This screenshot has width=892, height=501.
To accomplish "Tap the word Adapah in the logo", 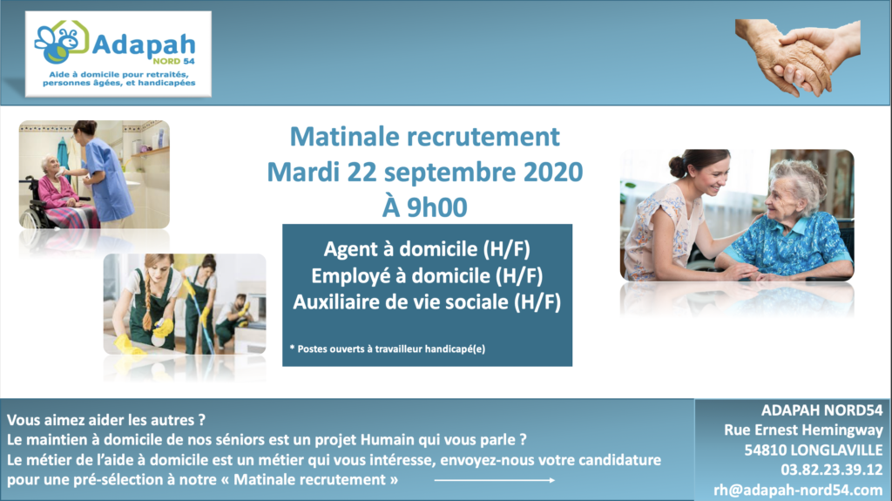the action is pyautogui.click(x=144, y=44).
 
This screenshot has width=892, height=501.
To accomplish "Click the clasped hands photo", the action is pyautogui.click(x=798, y=57).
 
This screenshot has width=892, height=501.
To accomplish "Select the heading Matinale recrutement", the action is pyautogui.click(x=425, y=137).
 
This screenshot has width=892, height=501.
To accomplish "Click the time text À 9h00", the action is pyautogui.click(x=424, y=206).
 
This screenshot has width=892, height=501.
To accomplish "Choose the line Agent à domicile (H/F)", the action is pyautogui.click(x=427, y=249).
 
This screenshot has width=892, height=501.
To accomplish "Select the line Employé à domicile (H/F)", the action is pyautogui.click(x=427, y=276).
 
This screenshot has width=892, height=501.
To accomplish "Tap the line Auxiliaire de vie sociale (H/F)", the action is pyautogui.click(x=427, y=301).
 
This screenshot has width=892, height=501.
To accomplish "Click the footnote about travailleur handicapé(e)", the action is pyautogui.click(x=388, y=349).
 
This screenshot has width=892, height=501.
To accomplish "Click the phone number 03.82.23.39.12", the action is pyautogui.click(x=831, y=470).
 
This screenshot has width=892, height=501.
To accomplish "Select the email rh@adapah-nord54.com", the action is pyautogui.click(x=798, y=490).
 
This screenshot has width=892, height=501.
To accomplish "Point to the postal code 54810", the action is pyautogui.click(x=765, y=450).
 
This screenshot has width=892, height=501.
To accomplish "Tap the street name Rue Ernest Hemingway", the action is pyautogui.click(x=803, y=430).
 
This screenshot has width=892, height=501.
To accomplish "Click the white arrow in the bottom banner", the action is pyautogui.click(x=495, y=480).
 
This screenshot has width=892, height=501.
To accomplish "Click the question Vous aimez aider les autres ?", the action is pyautogui.click(x=105, y=420).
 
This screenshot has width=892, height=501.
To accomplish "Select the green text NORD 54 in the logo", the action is pyautogui.click(x=173, y=61).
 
